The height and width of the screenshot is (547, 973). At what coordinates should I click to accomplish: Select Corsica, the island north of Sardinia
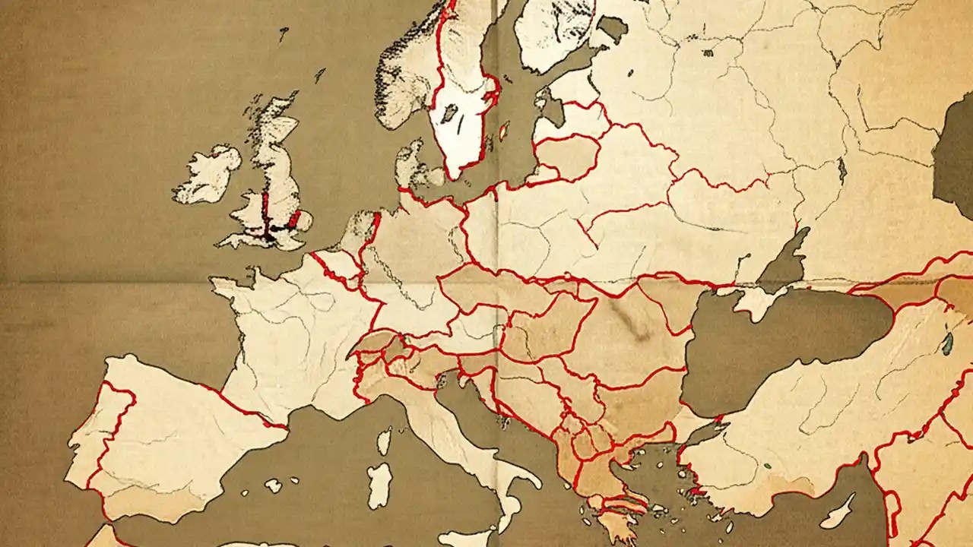point(385,441)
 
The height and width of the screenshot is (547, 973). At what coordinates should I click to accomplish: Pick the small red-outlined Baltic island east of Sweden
point(503,131)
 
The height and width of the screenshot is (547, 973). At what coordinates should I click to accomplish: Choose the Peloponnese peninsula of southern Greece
point(612,517)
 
